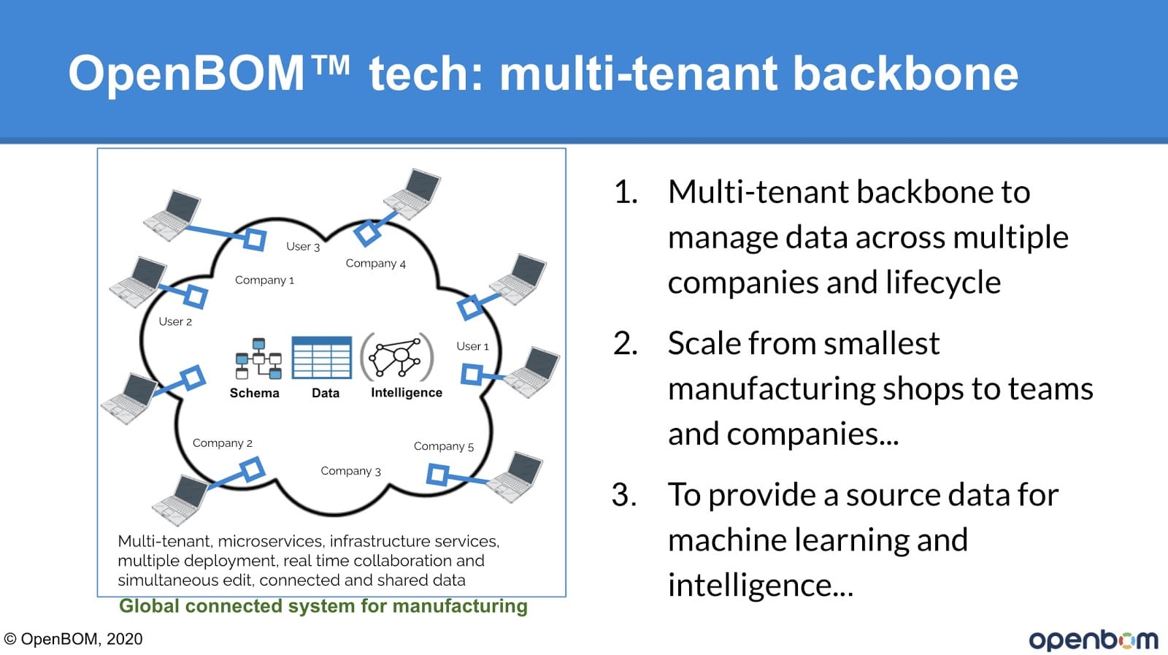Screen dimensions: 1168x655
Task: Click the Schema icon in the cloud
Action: point(258,359)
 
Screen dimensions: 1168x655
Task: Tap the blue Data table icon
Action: point(322,357)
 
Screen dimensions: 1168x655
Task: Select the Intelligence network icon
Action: point(397,357)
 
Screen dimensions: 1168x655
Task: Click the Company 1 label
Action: point(264,280)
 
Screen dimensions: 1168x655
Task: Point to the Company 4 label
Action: point(375,264)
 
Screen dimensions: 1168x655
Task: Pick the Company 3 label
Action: point(350,471)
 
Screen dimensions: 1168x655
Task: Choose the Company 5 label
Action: point(444,446)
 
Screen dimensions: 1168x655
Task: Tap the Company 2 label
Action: point(222,443)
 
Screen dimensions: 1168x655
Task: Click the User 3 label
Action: point(303,247)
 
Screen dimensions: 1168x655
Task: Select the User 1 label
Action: point(472,346)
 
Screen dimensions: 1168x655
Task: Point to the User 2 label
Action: point(175,322)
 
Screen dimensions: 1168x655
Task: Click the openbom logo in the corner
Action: point(1094,640)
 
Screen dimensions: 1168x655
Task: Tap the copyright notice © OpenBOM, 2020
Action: point(73,639)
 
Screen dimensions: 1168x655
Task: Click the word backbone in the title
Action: point(905,74)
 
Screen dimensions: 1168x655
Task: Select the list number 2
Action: point(625,344)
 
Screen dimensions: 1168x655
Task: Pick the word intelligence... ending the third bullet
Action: point(761,585)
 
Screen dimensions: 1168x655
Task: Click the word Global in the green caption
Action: point(149,606)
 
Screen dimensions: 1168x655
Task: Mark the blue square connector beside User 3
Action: point(255,240)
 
